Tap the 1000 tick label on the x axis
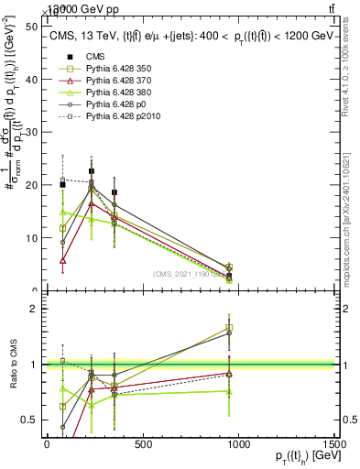click(239, 443)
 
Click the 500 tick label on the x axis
click(143, 443)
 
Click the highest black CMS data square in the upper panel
click(92, 171)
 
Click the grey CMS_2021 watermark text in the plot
click(191, 275)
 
